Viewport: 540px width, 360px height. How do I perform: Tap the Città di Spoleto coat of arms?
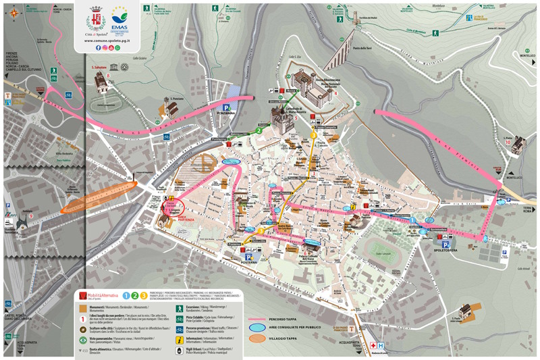tap(96, 17)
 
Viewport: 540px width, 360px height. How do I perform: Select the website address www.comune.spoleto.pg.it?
tap(107, 41)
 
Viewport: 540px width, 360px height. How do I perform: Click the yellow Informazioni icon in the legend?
tap(180, 341)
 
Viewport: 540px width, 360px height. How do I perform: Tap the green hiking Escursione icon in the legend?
tap(180, 307)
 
